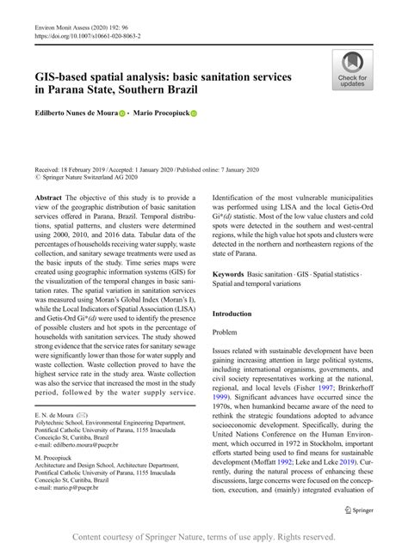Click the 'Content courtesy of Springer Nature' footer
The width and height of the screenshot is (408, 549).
click(x=203, y=536)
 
